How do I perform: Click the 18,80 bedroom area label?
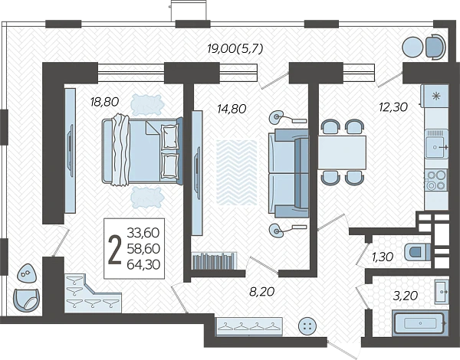pyautogui.click(x=104, y=102)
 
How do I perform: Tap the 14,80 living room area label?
pyautogui.click(x=232, y=109)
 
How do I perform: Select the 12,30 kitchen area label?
pyautogui.click(x=393, y=107)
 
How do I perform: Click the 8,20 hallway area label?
pyautogui.click(x=261, y=291)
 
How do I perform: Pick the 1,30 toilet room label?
pyautogui.click(x=383, y=257)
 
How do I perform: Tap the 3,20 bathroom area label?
pyautogui.click(x=406, y=296)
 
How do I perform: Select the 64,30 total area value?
pyautogui.click(x=143, y=265)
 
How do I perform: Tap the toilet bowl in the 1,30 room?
pyautogui.click(x=417, y=252)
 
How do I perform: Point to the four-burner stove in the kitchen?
pyautogui.click(x=436, y=180)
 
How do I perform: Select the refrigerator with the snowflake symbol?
pyautogui.click(x=435, y=96)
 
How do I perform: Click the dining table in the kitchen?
pyautogui.click(x=342, y=152)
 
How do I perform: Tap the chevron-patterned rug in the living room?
pyautogui.click(x=237, y=172)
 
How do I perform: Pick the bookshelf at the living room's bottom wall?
pyautogui.click(x=214, y=260)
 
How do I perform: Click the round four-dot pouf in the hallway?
pyautogui.click(x=307, y=326)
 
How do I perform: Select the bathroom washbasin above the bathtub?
pyautogui.click(x=442, y=292)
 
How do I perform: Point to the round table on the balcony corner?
pyautogui.click(x=412, y=47)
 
